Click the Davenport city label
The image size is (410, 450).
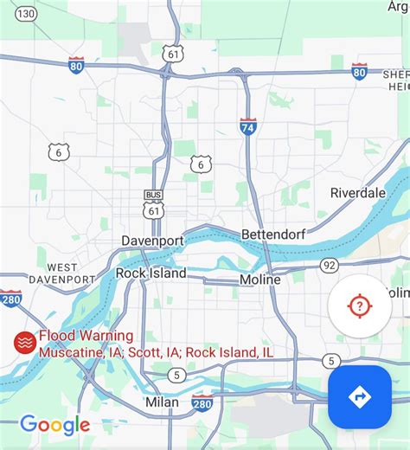(152, 240)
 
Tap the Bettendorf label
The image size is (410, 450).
(269, 235)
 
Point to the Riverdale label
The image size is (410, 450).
(358, 193)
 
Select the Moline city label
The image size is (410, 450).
(259, 280)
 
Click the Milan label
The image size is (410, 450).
(162, 402)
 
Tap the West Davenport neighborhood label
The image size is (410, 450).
(61, 273)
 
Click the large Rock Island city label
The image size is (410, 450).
(151, 273)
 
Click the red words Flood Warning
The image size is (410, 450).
(86, 336)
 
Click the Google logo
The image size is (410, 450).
(55, 424)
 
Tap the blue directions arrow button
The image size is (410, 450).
(359, 397)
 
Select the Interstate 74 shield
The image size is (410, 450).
(248, 126)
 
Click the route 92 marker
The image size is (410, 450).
(328, 265)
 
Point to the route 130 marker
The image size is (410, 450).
(27, 14)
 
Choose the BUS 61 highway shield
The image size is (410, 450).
(154, 203)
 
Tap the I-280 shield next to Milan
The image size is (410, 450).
(202, 402)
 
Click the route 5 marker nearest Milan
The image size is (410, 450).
(176, 375)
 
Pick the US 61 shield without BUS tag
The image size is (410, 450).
(176, 54)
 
